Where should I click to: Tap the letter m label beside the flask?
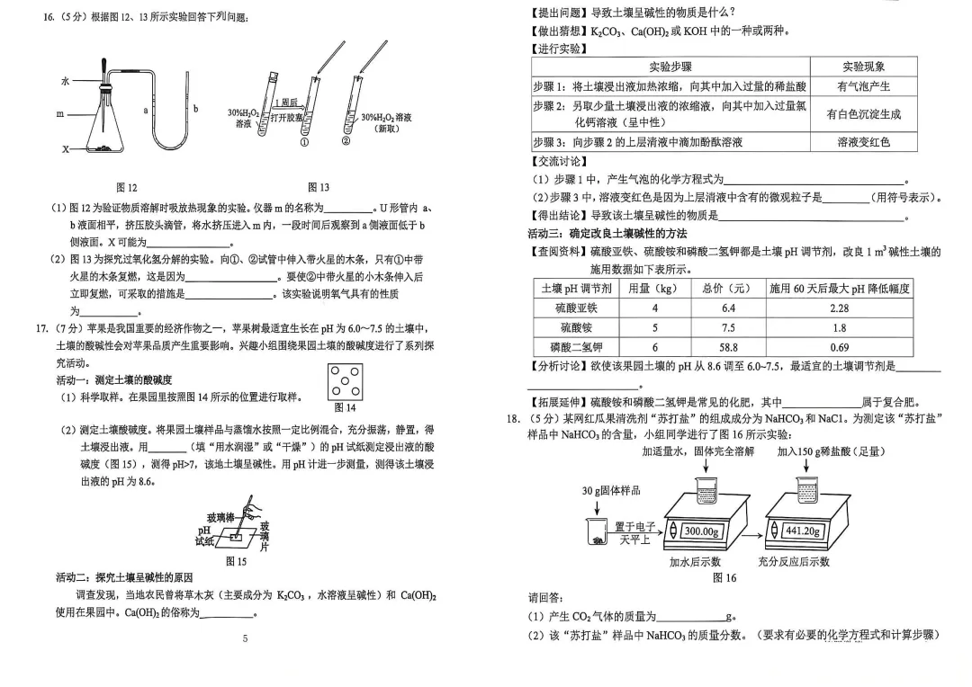pyautogui.click(x=60, y=114)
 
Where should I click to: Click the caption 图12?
pyautogui.click(x=127, y=187)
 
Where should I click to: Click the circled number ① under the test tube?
pyautogui.click(x=304, y=141)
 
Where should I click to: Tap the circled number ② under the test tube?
pyautogui.click(x=346, y=141)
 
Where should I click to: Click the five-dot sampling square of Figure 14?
pyautogui.click(x=345, y=382)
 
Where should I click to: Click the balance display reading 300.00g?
pyautogui.click(x=702, y=531)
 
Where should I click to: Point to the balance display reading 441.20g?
pyautogui.click(x=803, y=531)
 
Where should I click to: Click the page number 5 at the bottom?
pyautogui.click(x=245, y=638)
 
